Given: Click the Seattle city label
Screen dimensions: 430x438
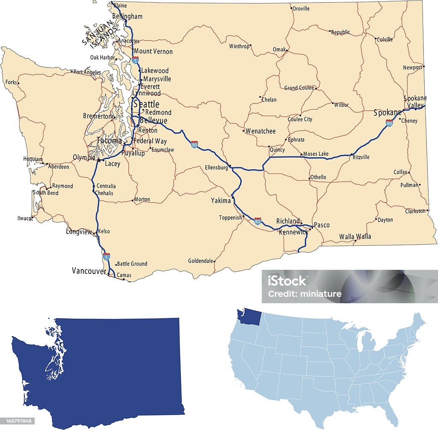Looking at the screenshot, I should (146, 104).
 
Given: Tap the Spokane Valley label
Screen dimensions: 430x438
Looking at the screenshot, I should (415, 102).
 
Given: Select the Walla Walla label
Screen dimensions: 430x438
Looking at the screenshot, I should (355, 236).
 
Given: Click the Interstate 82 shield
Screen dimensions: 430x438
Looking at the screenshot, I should (257, 221).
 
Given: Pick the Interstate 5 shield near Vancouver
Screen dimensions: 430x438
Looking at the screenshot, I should (107, 256).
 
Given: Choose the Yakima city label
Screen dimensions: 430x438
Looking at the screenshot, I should (221, 200).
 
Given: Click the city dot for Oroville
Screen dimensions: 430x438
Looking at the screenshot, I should (291, 8).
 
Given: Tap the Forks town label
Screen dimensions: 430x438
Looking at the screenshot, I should (11, 82).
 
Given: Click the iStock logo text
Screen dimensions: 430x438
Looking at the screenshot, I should (287, 281).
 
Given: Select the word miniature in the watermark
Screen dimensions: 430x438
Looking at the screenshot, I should (324, 294).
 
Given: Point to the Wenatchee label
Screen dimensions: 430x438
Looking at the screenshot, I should (260, 131).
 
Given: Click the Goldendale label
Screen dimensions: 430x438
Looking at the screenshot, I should (200, 260).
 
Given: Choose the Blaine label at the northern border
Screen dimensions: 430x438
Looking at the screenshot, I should (120, 6).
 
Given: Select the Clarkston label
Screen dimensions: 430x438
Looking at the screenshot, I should (415, 211).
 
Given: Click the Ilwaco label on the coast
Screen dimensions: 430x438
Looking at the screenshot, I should (24, 218).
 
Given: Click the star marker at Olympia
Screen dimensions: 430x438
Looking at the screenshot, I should (98, 160).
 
